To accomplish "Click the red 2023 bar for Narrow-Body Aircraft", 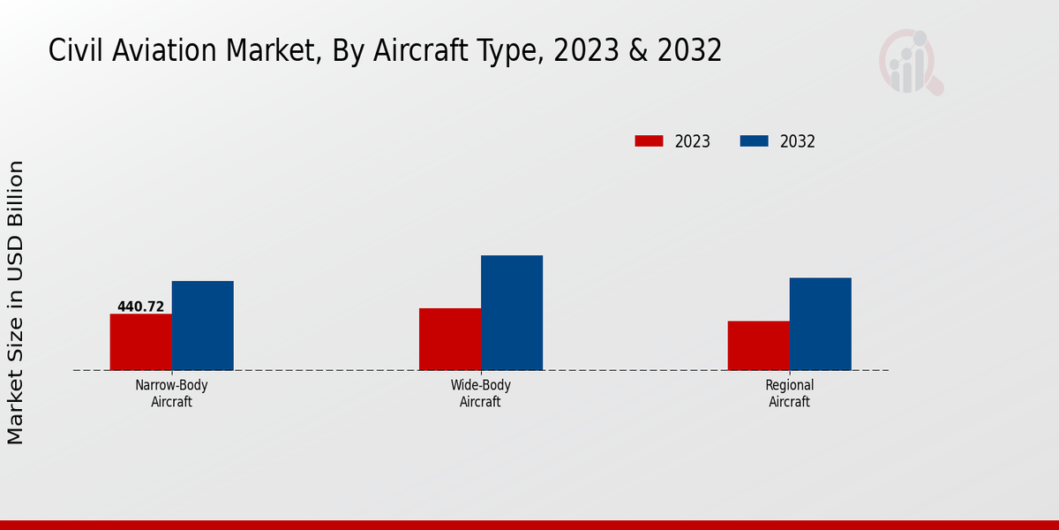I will (x=141, y=342).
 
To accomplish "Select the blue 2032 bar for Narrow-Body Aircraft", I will (x=203, y=325).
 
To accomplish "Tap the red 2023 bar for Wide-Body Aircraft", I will (x=450, y=339).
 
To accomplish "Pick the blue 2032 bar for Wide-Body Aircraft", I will (x=512, y=313).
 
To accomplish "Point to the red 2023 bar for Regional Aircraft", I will (x=759, y=345).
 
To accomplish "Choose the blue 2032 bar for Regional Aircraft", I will (x=821, y=323).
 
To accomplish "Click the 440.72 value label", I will (x=141, y=307).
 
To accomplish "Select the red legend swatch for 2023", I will (x=649, y=141).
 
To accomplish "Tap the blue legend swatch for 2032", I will (x=754, y=141).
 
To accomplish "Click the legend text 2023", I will (x=693, y=141).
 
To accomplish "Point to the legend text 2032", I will (x=798, y=141).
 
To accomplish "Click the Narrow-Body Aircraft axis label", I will (x=172, y=393).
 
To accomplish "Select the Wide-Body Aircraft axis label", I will (x=481, y=393).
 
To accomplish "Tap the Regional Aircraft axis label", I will (x=790, y=393).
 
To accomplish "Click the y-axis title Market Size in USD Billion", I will (x=17, y=302).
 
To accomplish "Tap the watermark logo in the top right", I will (x=910, y=62).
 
